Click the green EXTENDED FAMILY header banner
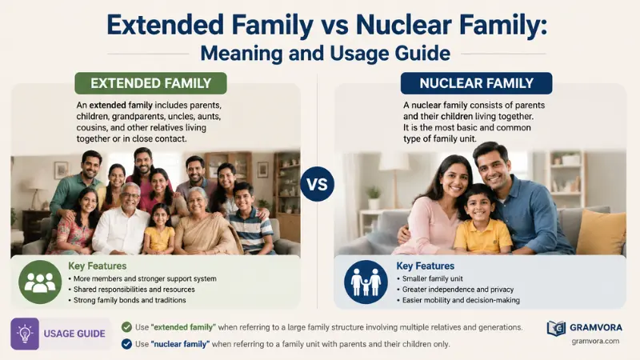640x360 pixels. (150, 83)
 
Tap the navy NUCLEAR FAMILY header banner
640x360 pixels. (476, 83)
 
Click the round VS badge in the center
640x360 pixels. (317, 184)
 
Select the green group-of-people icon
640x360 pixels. (40, 282)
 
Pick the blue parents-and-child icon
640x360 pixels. (366, 282)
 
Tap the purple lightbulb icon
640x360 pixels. (25, 334)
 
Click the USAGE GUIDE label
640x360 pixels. (74, 334)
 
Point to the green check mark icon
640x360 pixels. (126, 327)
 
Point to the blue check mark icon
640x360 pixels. (126, 344)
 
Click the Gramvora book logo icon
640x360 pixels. (556, 328)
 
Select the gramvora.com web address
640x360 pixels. (595, 342)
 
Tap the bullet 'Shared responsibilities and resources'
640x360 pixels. (131, 290)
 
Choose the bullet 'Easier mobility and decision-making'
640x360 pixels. (458, 300)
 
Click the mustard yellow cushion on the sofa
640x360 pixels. (601, 232)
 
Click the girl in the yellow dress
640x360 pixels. (159, 230)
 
